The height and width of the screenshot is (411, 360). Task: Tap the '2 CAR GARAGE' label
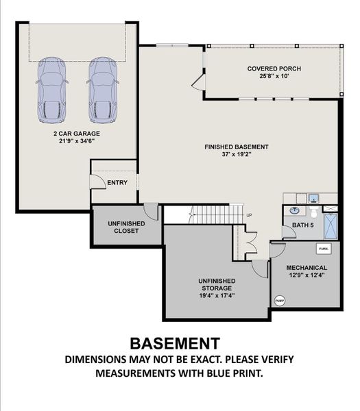(x=77, y=134)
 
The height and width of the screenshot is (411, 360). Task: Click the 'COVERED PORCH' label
(x=274, y=69)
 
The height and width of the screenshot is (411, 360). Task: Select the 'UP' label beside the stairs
(x=249, y=216)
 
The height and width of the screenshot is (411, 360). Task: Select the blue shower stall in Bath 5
(x=331, y=225)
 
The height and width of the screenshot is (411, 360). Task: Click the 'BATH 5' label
(x=302, y=224)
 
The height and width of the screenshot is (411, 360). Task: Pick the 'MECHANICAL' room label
(x=307, y=267)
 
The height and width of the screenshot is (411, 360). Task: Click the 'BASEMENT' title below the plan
(x=175, y=342)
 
